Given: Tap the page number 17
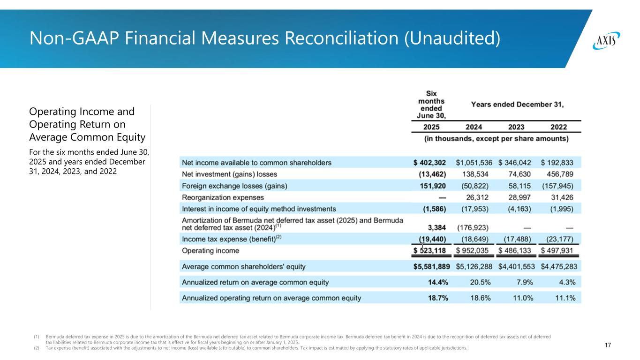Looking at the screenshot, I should pos(608,345).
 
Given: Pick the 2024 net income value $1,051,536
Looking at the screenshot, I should pos(474,163).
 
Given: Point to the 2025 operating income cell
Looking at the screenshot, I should pos(429,251).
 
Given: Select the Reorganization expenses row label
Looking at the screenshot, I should pos(223,198).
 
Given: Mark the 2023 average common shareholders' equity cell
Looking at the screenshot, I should pos(514,267).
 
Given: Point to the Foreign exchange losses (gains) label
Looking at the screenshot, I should pos(234,186).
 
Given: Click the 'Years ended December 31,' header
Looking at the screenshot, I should pos(517,105).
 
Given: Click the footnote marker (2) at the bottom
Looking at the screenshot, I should pos(36,348).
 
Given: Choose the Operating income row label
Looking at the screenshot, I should pos(210,251).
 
